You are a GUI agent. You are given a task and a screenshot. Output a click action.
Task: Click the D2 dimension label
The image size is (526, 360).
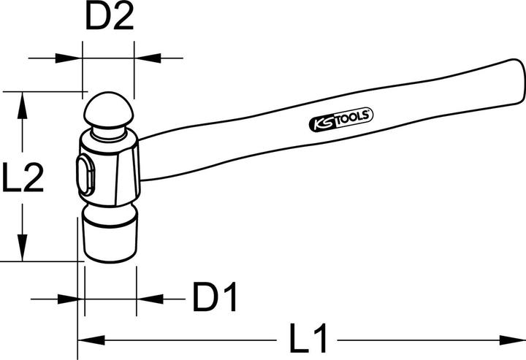point(110,18)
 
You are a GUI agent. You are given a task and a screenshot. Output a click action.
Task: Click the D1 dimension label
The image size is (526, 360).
point(216,298)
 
